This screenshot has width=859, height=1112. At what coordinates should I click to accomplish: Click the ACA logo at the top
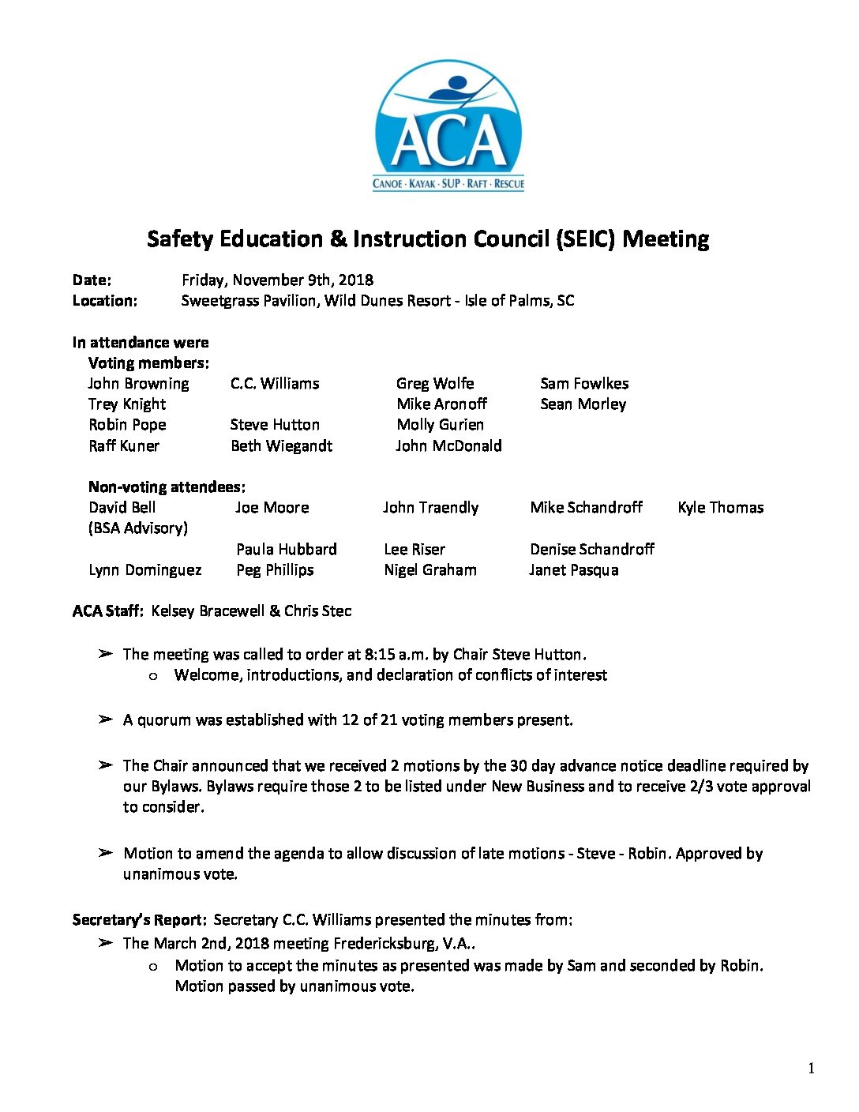(x=448, y=126)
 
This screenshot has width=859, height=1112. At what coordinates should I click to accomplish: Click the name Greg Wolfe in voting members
(x=435, y=384)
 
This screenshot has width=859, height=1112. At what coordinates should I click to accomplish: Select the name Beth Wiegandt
(x=281, y=446)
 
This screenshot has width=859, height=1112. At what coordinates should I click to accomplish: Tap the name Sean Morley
(x=583, y=404)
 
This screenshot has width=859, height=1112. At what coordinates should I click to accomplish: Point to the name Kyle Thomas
(x=720, y=508)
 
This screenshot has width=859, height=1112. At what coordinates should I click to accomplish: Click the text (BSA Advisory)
(x=138, y=528)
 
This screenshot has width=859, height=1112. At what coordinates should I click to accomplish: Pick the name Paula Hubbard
(x=286, y=550)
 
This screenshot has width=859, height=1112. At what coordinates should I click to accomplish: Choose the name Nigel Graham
(x=429, y=570)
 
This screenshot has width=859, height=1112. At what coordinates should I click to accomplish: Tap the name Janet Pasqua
(x=573, y=570)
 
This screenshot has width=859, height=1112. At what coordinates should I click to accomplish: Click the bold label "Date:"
(x=92, y=280)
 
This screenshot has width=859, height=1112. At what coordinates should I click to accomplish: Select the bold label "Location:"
(x=104, y=301)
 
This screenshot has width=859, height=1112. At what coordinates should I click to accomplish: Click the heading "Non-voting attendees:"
(x=167, y=487)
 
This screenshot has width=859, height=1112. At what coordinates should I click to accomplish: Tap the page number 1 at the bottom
(x=811, y=1069)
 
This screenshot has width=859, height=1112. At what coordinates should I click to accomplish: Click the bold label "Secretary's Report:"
(x=139, y=920)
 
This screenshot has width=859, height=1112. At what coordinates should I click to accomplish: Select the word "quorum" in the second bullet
(x=164, y=720)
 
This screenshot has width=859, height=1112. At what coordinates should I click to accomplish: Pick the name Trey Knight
(x=127, y=404)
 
